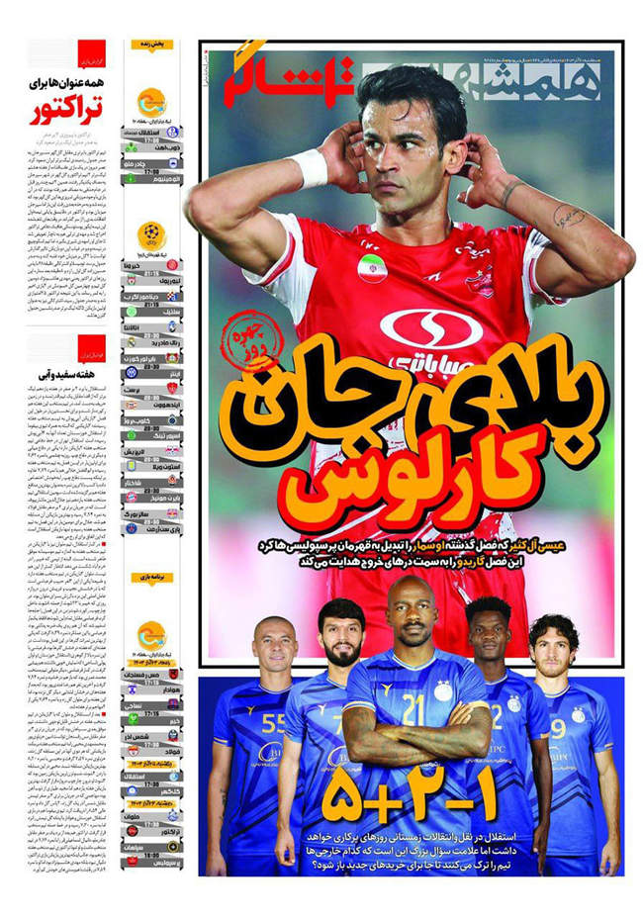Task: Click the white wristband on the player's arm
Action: [309, 169]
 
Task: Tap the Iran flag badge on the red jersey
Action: [372, 268]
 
